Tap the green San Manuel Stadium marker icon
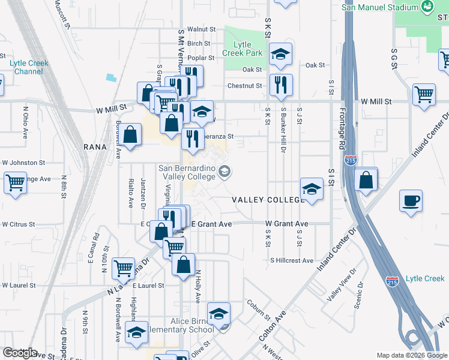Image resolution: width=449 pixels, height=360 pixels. (x=427, y=7)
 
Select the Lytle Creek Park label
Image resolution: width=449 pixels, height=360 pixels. (x=243, y=49)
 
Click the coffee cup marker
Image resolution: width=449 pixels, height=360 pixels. (x=411, y=201)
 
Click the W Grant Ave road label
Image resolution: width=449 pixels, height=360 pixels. (x=287, y=224)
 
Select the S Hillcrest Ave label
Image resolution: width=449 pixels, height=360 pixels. (x=292, y=260)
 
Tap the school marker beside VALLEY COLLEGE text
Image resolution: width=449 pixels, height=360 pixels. (x=311, y=189)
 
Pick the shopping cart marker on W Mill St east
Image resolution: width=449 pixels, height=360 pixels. (x=424, y=94)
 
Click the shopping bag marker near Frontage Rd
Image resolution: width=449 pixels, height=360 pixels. (x=366, y=179)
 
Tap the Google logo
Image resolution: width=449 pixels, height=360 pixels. (x=20, y=353)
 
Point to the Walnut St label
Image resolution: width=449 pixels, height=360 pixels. (x=201, y=29)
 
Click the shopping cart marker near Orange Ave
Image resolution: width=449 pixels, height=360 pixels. (x=15, y=182)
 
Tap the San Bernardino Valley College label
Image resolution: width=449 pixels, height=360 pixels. (x=187, y=172)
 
